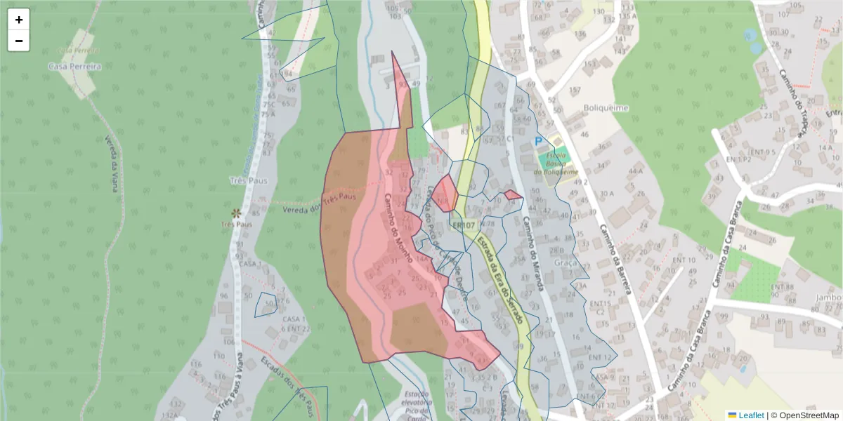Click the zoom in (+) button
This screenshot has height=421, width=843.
(19, 20)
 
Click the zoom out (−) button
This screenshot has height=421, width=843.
(19, 41)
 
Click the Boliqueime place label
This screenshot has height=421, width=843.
(606, 108)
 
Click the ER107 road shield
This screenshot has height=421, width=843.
(464, 225)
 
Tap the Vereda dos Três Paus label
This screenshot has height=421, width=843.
(316, 204)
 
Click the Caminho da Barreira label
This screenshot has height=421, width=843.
(615, 259)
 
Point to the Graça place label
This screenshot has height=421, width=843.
(566, 262)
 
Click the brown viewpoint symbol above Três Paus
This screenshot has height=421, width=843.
(235, 212)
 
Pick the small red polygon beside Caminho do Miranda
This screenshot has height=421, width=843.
(513, 194)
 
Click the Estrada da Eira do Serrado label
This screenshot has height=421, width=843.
(500, 281)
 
